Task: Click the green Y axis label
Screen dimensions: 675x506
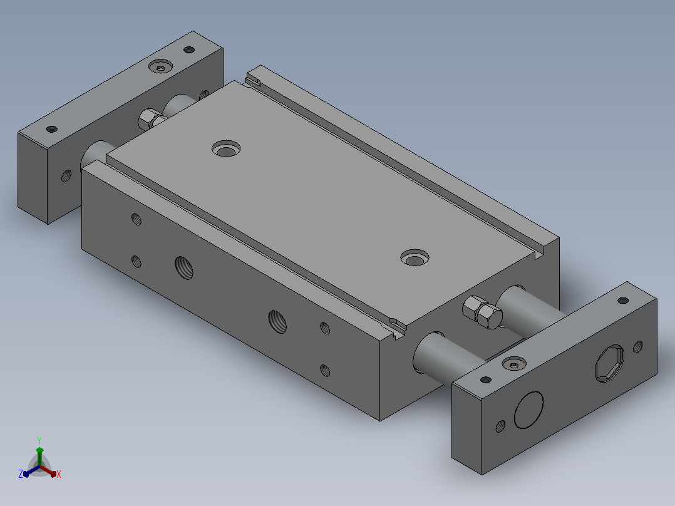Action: coord(39,440)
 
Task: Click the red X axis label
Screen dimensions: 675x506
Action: coord(59,474)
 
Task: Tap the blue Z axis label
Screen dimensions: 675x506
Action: coord(21,473)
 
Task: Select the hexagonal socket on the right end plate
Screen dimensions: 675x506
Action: coord(610,363)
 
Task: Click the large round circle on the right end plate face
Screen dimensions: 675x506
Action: coord(528,410)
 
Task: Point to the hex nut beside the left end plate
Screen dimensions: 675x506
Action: coord(152,118)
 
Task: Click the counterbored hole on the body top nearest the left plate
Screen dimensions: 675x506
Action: coord(226,148)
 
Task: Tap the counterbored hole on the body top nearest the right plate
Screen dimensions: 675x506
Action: coord(415,257)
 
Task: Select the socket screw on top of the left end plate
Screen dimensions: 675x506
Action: coord(160,66)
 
